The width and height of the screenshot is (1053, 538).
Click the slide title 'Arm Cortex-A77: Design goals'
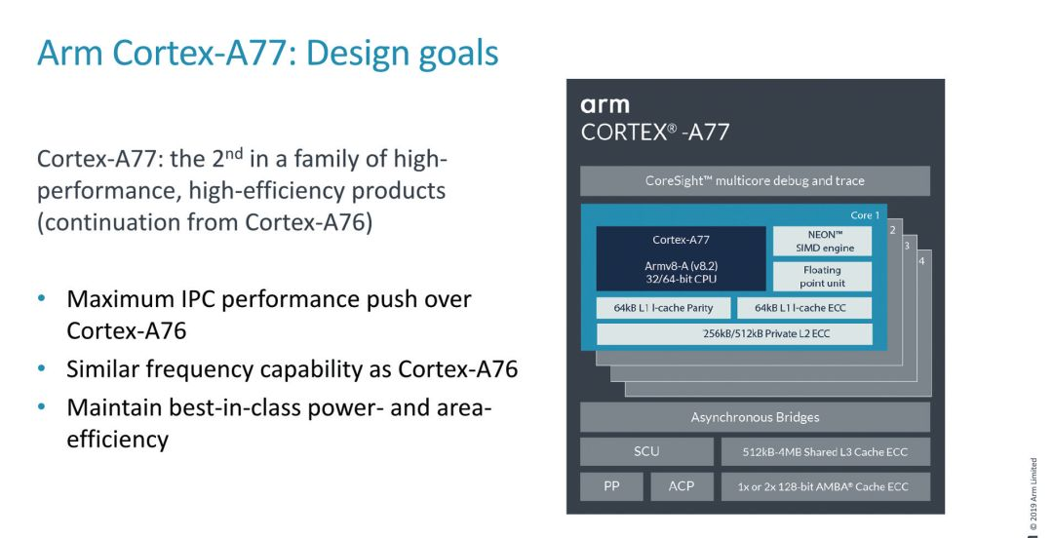click(268, 53)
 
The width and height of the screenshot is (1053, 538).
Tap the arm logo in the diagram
click(604, 105)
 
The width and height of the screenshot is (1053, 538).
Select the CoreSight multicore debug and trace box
click(755, 180)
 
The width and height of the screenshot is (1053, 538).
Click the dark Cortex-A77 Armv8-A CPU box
click(681, 258)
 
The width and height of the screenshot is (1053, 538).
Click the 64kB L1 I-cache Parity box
click(663, 308)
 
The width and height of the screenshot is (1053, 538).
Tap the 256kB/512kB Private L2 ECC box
click(735, 333)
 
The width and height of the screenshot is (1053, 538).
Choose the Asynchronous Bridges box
click(755, 417)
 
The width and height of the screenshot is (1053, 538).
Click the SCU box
click(646, 451)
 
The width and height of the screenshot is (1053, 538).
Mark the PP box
click(611, 485)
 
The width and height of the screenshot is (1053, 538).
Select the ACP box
click(682, 485)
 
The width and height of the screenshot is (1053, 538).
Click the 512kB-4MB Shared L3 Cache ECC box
click(825, 452)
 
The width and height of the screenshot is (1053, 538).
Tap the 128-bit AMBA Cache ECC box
click(825, 486)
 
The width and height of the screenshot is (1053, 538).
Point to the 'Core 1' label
click(865, 215)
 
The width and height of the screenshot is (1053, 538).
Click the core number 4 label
click(921, 260)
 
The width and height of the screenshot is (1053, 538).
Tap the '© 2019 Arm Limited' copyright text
click(1033, 492)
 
